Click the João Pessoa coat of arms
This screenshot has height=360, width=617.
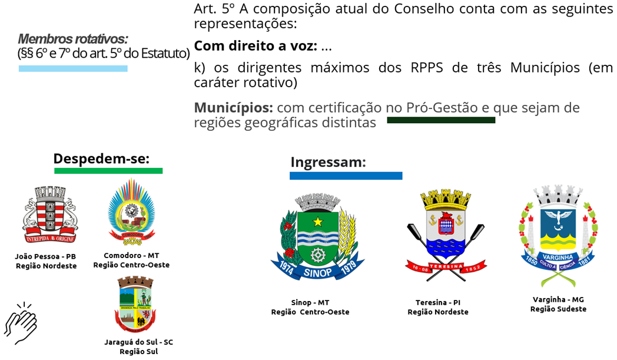(x=50, y=214)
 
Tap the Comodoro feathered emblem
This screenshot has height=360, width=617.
(x=131, y=212)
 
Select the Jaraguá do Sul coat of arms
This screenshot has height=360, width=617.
(x=135, y=305)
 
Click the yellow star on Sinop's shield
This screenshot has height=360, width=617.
(x=317, y=222)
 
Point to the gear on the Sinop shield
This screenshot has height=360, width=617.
(x=317, y=255)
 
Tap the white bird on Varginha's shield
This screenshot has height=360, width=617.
(x=558, y=219)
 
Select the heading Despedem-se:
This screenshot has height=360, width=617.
(x=101, y=158)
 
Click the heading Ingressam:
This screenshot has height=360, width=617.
(x=328, y=162)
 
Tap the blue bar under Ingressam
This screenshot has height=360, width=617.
(x=346, y=176)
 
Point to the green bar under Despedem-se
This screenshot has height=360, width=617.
(x=108, y=171)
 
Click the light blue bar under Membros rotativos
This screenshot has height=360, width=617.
(x=73, y=68)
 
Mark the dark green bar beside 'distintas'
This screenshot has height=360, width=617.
(x=441, y=120)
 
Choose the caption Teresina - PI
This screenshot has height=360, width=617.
(x=438, y=302)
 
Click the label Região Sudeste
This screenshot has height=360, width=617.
(x=558, y=309)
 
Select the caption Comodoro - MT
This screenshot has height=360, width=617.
(x=131, y=256)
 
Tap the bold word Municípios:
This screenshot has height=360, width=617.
(x=233, y=107)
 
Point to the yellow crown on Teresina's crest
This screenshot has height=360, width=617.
(x=446, y=199)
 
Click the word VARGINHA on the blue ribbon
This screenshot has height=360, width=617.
(x=558, y=257)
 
